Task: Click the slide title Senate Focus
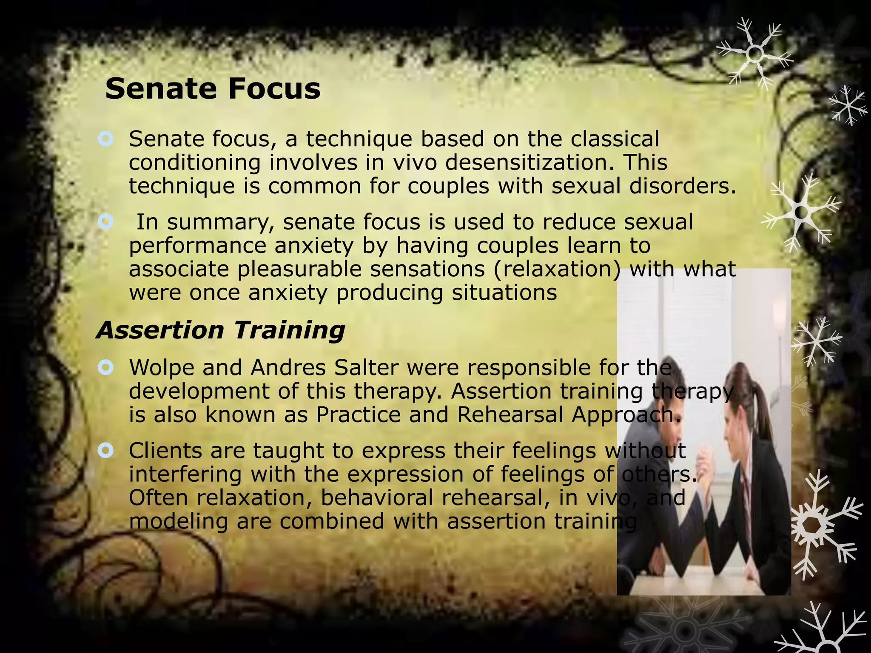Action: [213, 89]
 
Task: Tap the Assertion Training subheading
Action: [221, 330]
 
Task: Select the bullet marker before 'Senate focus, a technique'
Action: [105, 139]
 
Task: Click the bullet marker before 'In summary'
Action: [105, 221]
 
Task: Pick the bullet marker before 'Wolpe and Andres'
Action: [105, 367]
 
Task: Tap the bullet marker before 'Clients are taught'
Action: [105, 450]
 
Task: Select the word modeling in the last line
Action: [178, 521]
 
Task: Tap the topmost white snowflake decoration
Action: [755, 54]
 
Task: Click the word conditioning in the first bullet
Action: [194, 162]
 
